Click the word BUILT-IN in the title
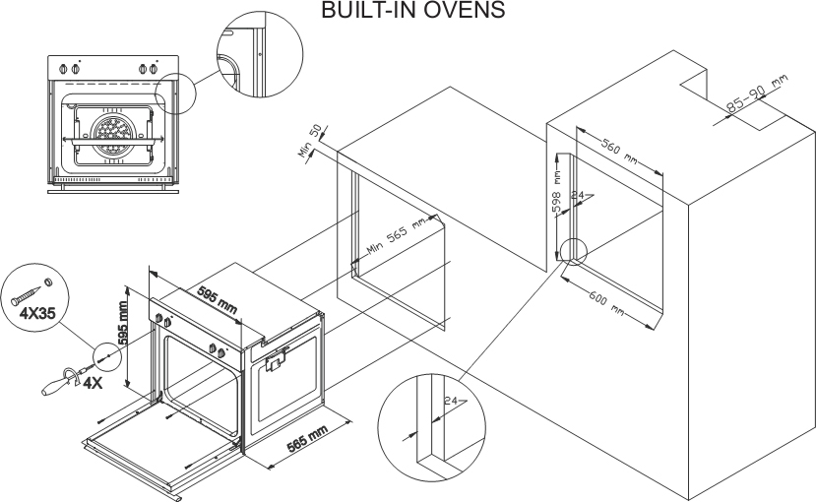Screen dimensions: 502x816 pyautogui.click(x=364, y=11)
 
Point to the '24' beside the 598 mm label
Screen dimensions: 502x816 pyautogui.click(x=579, y=197)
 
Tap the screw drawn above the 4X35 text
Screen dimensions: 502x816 pyautogui.click(x=30, y=291)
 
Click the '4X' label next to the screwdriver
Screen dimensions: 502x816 pyautogui.click(x=93, y=382)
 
